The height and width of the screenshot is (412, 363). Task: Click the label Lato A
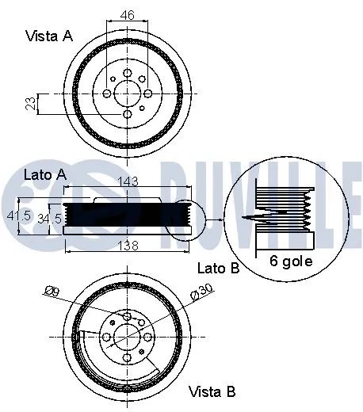(44, 173)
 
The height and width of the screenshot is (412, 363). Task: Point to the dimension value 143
(128, 181)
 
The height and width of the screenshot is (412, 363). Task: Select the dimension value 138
(126, 246)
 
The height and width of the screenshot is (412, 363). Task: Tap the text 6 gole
(291, 260)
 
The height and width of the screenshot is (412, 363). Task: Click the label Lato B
(218, 269)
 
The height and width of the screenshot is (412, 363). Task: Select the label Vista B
(212, 391)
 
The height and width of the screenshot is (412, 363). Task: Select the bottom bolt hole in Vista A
(127, 115)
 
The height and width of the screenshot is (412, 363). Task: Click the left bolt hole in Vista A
(105, 93)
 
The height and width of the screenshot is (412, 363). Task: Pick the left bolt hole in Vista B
(105, 338)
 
